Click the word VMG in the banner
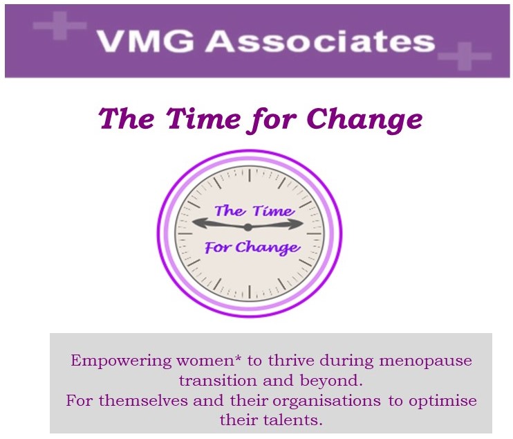coord(147,42)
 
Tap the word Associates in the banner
coord(320,42)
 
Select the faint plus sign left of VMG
coord(60,25)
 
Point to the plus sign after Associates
coord(465,56)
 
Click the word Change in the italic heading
coord(364,119)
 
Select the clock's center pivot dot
coord(248,226)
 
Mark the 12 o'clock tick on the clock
coord(250,175)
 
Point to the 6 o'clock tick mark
coord(250,292)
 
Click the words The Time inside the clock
coord(254,210)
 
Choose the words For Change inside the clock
coord(252,247)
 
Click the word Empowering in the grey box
coord(121,361)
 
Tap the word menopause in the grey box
coord(426,361)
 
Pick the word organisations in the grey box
coord(326,401)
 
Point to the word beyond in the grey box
coord(331,381)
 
